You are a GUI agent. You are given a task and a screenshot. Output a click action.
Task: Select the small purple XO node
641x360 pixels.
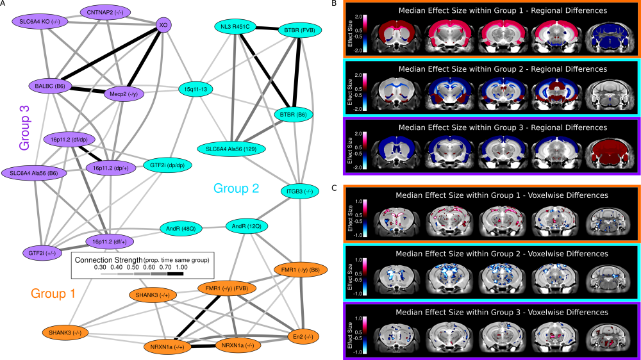click(x=163, y=24)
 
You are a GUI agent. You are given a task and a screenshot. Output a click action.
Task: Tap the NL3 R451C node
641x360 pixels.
click(x=235, y=27)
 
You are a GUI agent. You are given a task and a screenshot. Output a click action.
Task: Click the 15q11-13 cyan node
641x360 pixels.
click(x=196, y=89)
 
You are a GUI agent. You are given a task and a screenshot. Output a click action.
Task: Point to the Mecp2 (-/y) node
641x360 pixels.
click(x=124, y=94)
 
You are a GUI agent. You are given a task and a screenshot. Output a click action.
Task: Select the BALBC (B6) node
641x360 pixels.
click(x=51, y=85)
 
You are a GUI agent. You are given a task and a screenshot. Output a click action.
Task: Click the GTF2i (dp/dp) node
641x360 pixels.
click(x=167, y=165)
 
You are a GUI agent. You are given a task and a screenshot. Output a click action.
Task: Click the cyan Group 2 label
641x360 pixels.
click(x=237, y=188)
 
